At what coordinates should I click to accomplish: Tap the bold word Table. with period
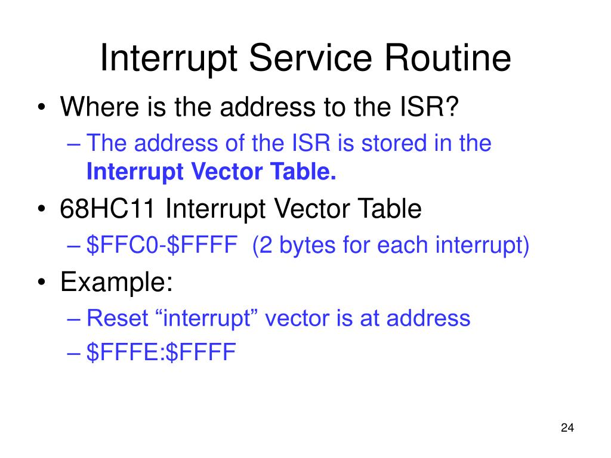pyautogui.click(x=308, y=172)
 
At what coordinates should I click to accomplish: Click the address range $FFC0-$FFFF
pyautogui.click(x=159, y=245)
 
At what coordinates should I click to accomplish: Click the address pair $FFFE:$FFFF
pyautogui.click(x=161, y=352)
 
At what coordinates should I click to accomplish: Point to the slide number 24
pyautogui.click(x=567, y=428)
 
